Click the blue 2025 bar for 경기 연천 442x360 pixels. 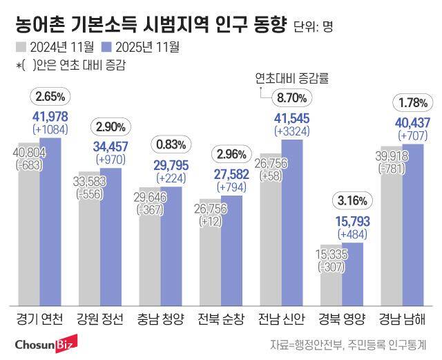50,221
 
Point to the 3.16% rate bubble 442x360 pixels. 351,202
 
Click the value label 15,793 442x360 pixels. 352,222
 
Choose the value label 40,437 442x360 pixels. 412,122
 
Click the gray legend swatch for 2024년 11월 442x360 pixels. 20,48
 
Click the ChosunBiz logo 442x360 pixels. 47,343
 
